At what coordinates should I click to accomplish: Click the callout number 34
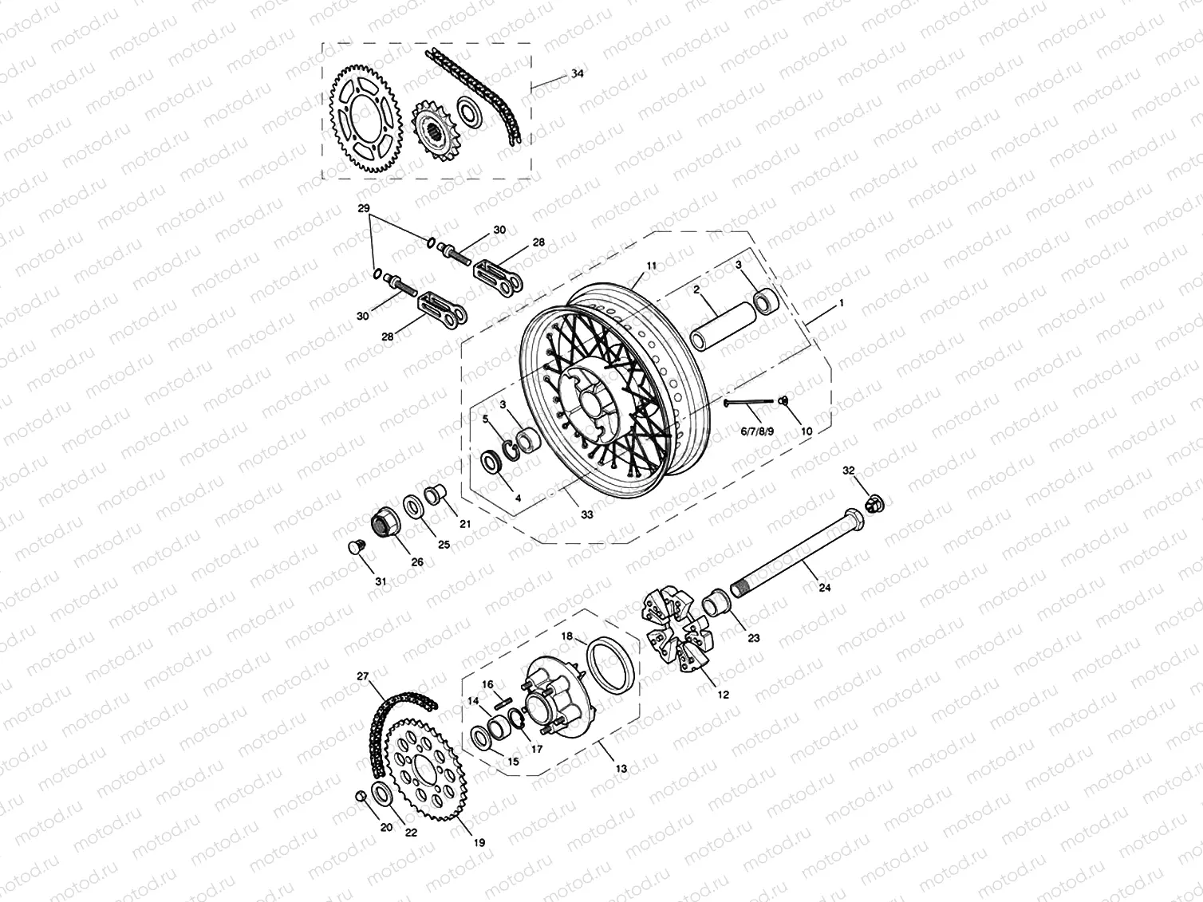(x=577, y=73)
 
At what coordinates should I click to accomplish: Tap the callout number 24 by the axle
(x=824, y=588)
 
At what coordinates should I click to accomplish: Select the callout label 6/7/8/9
(x=757, y=431)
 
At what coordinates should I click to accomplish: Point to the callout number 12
(x=723, y=695)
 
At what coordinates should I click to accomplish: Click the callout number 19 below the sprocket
(x=478, y=842)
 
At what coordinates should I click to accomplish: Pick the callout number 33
(x=586, y=515)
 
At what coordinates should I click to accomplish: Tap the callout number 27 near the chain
(x=363, y=676)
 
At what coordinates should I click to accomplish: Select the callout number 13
(x=621, y=769)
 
